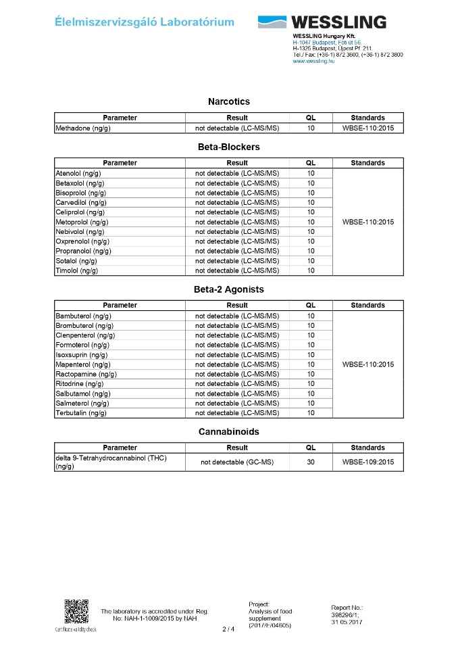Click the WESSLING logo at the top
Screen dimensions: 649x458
[x=322, y=22]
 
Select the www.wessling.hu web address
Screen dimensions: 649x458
[x=313, y=61]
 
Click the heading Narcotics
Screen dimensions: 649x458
[x=228, y=101]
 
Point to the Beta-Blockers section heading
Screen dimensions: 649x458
[x=228, y=147]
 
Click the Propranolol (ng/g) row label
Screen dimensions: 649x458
[x=83, y=251]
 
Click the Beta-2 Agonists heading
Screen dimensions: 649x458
[x=228, y=289]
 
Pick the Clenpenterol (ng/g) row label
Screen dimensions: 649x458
[x=85, y=335]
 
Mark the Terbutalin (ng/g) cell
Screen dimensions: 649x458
[x=81, y=413]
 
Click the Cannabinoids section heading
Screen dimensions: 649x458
[x=228, y=431]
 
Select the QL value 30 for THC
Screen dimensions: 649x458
[x=311, y=462]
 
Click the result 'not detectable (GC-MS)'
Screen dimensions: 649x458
[x=237, y=462]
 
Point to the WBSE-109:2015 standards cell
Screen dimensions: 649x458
[x=368, y=462]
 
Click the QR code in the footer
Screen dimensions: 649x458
[x=76, y=612]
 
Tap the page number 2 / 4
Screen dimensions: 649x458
[x=228, y=629]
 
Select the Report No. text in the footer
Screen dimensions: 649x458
[x=347, y=612]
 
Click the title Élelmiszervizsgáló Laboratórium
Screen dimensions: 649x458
[x=145, y=22]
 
